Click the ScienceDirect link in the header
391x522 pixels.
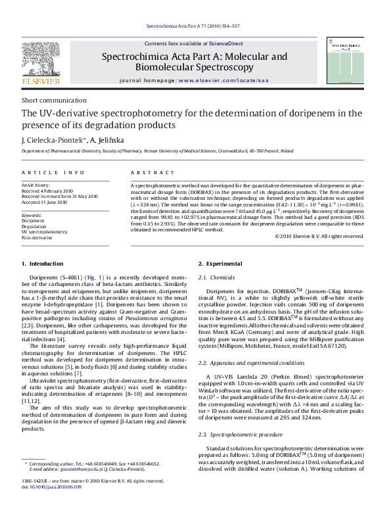coord(208,43)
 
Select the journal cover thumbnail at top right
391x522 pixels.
coord(344,60)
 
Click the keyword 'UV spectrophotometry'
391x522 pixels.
coord(45,232)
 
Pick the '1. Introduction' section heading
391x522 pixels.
coord(42,264)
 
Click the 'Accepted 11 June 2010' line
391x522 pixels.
coord(45,202)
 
